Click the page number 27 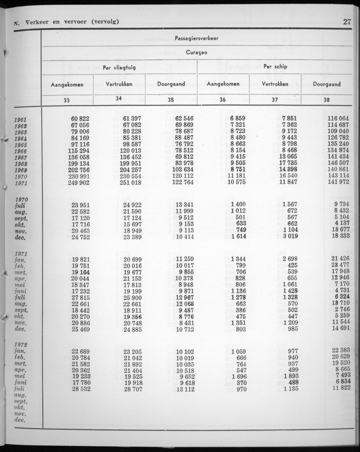point(347,22)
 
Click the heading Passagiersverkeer point(197,39)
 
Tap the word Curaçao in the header point(197,53)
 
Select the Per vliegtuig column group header point(119,67)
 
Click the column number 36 point(223,100)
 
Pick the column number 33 point(67,100)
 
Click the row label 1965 point(21,145)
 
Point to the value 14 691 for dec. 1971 point(341,329)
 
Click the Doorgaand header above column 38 point(326,84)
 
